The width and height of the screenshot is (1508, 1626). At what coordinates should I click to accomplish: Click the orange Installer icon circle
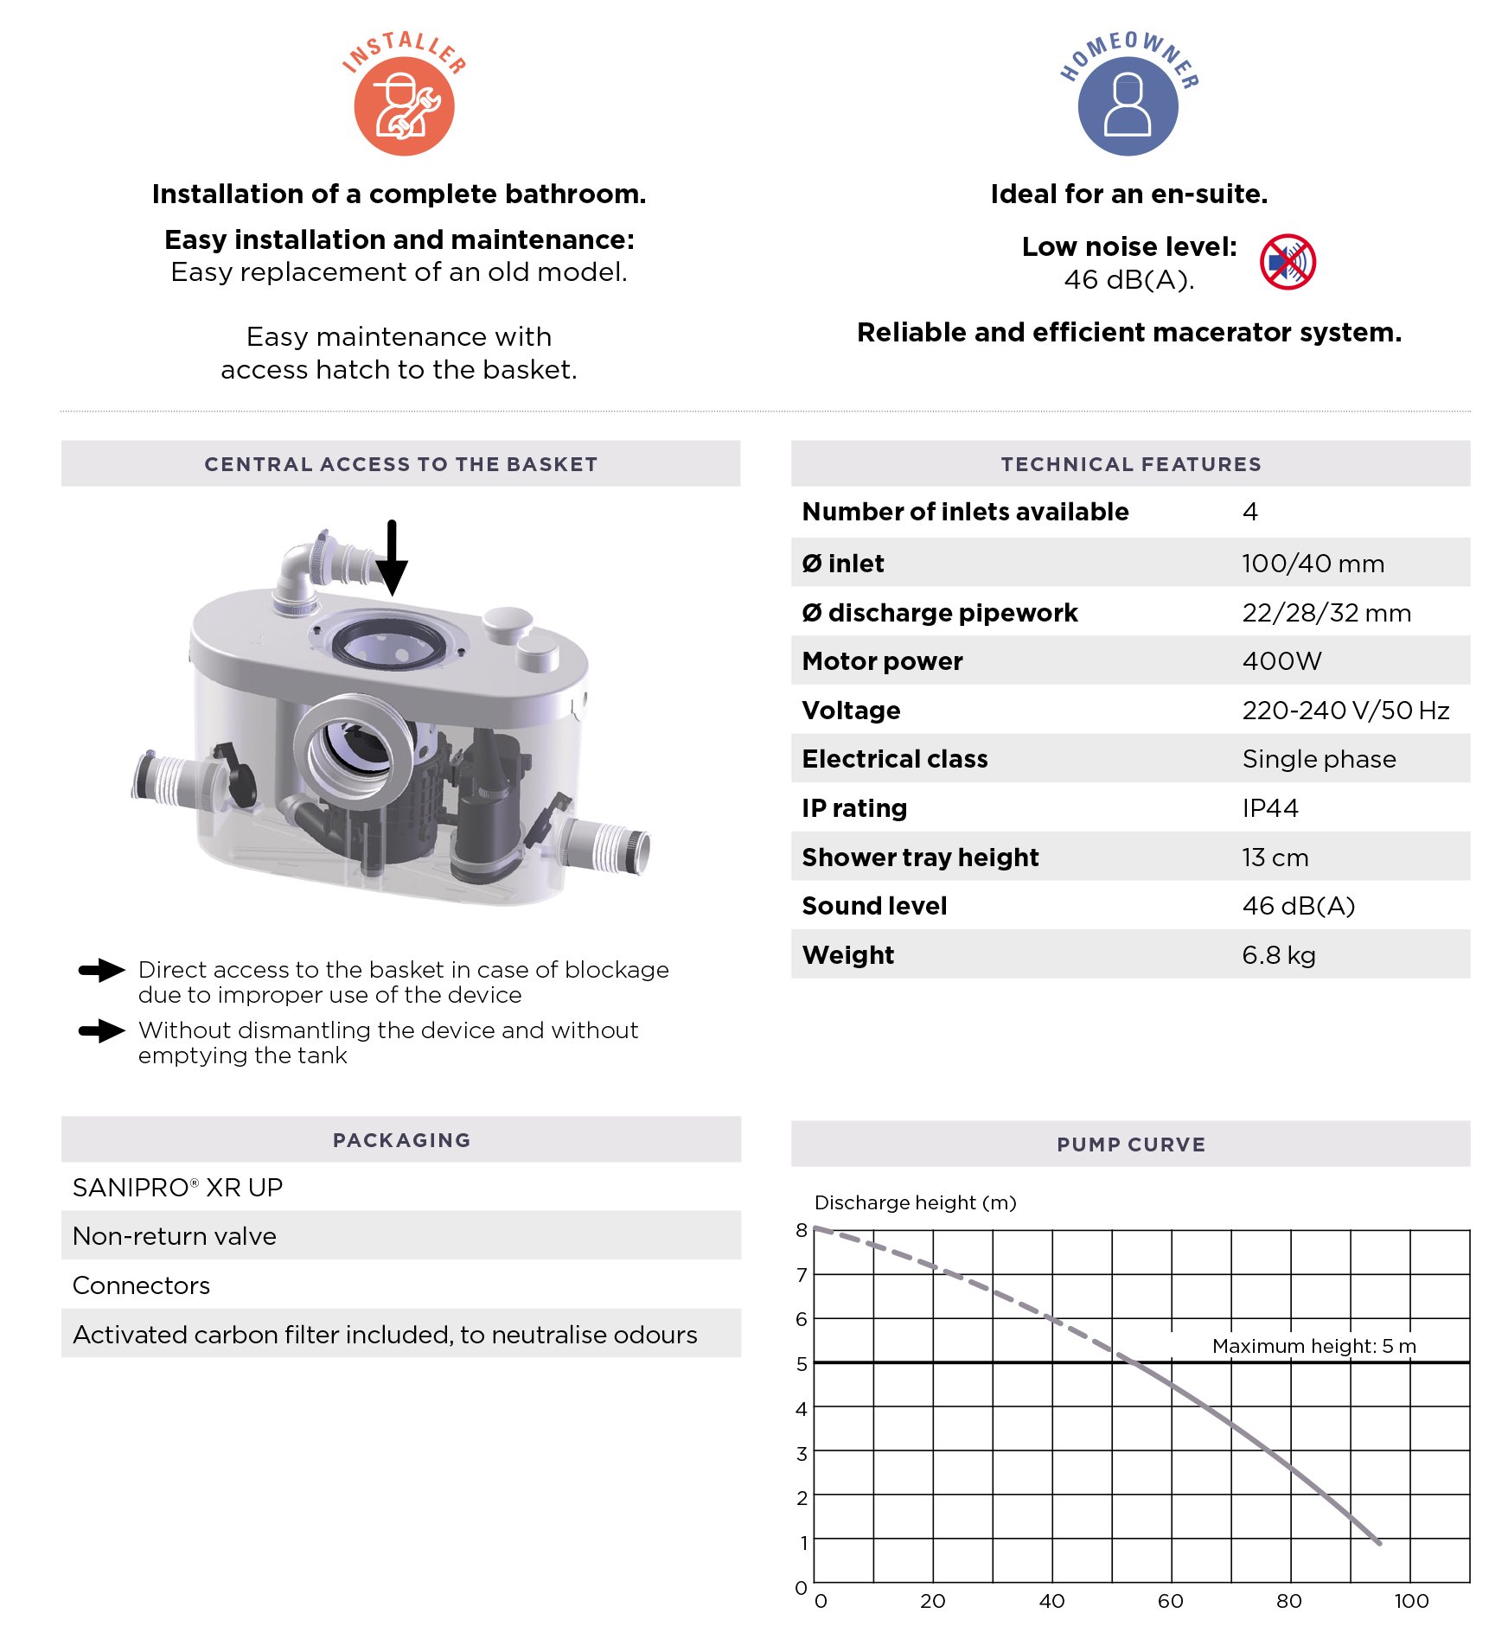(404, 105)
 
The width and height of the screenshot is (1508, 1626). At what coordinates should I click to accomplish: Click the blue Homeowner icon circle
(1128, 105)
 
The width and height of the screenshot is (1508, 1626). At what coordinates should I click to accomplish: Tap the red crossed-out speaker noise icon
(1287, 262)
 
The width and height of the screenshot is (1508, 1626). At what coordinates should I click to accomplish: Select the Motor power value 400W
(1281, 661)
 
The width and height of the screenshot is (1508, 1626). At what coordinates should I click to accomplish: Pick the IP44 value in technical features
(1270, 808)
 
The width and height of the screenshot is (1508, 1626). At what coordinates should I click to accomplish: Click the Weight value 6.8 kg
(1279, 955)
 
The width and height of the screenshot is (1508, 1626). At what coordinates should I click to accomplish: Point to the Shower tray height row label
(920, 858)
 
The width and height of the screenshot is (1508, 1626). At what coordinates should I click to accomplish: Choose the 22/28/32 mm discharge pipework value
(1326, 613)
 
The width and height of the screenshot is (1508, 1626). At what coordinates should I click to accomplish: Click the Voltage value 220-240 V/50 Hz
(1345, 711)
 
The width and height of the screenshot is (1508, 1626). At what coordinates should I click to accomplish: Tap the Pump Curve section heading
(1130, 1145)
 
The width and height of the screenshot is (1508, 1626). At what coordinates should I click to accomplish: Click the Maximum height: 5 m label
(1313, 1346)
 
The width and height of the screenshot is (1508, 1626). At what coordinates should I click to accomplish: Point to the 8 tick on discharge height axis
(802, 1230)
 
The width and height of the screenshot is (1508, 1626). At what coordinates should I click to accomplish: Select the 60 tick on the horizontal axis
(1171, 1601)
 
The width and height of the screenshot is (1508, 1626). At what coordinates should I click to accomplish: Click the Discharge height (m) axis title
(915, 1202)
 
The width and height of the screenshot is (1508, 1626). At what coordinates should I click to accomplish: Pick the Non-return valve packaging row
(175, 1236)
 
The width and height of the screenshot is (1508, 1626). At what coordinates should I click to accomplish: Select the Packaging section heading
(401, 1140)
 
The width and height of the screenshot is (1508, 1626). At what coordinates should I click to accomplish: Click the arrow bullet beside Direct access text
(102, 971)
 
